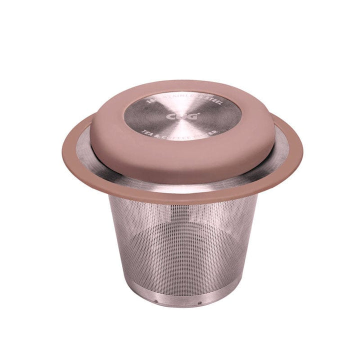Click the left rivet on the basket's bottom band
(156, 301)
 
